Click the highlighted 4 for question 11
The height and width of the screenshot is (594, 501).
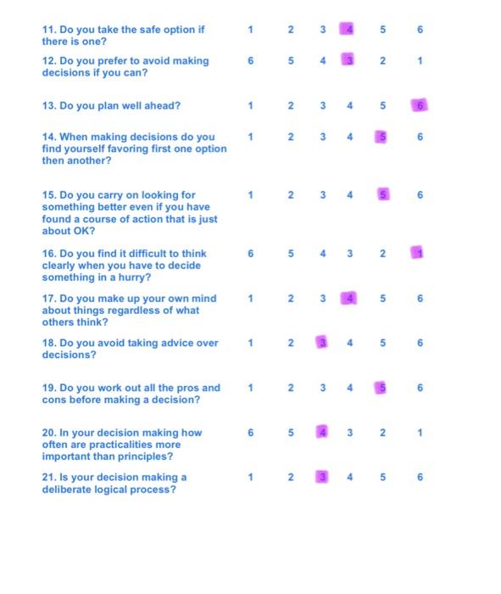tap(347, 31)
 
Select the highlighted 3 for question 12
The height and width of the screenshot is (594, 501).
tap(347, 61)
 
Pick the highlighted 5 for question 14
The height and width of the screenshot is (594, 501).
tap(382, 137)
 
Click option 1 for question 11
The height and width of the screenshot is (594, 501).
tap(250, 31)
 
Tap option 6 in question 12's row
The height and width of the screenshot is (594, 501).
tap(250, 61)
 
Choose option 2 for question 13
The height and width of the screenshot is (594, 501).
tap(290, 106)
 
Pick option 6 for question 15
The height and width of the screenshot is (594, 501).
tap(420, 195)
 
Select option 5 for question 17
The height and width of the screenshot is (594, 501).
tap(382, 298)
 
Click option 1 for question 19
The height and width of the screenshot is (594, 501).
tap(250, 388)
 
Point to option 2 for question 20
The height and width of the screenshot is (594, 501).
tap(382, 432)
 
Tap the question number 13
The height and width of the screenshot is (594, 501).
tap(48, 106)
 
